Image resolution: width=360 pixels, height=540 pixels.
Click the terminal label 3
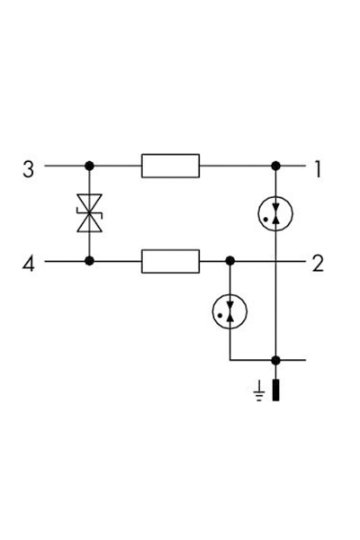coord(28,169)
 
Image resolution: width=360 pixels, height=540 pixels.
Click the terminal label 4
coord(28,265)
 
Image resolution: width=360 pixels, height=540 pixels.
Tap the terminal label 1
coord(318,169)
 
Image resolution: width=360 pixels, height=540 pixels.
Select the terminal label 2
coord(318,264)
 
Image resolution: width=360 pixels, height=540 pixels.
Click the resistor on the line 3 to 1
coord(170,166)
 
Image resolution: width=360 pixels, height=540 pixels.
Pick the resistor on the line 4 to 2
coord(170,261)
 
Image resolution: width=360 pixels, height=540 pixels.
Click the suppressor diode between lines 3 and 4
coord(89,213)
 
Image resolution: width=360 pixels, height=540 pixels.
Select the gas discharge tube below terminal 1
coord(275,213)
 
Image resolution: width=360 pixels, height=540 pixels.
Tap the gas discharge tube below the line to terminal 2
coord(229,311)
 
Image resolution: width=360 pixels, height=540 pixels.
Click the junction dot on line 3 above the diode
coord(89,166)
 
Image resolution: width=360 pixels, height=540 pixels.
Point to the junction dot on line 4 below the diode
coord(89,261)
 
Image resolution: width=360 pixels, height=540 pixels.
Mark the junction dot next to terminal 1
coord(275,166)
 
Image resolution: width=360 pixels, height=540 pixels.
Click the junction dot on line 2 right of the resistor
coord(229,261)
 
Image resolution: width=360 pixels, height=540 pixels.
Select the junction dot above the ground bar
coord(275,361)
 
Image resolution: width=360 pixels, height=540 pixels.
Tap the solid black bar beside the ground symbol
coord(275,390)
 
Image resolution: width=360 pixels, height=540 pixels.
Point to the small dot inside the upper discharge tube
coord(265,219)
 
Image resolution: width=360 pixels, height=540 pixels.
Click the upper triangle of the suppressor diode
coord(89,203)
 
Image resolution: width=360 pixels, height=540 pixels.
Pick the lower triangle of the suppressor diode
coord(89,223)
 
